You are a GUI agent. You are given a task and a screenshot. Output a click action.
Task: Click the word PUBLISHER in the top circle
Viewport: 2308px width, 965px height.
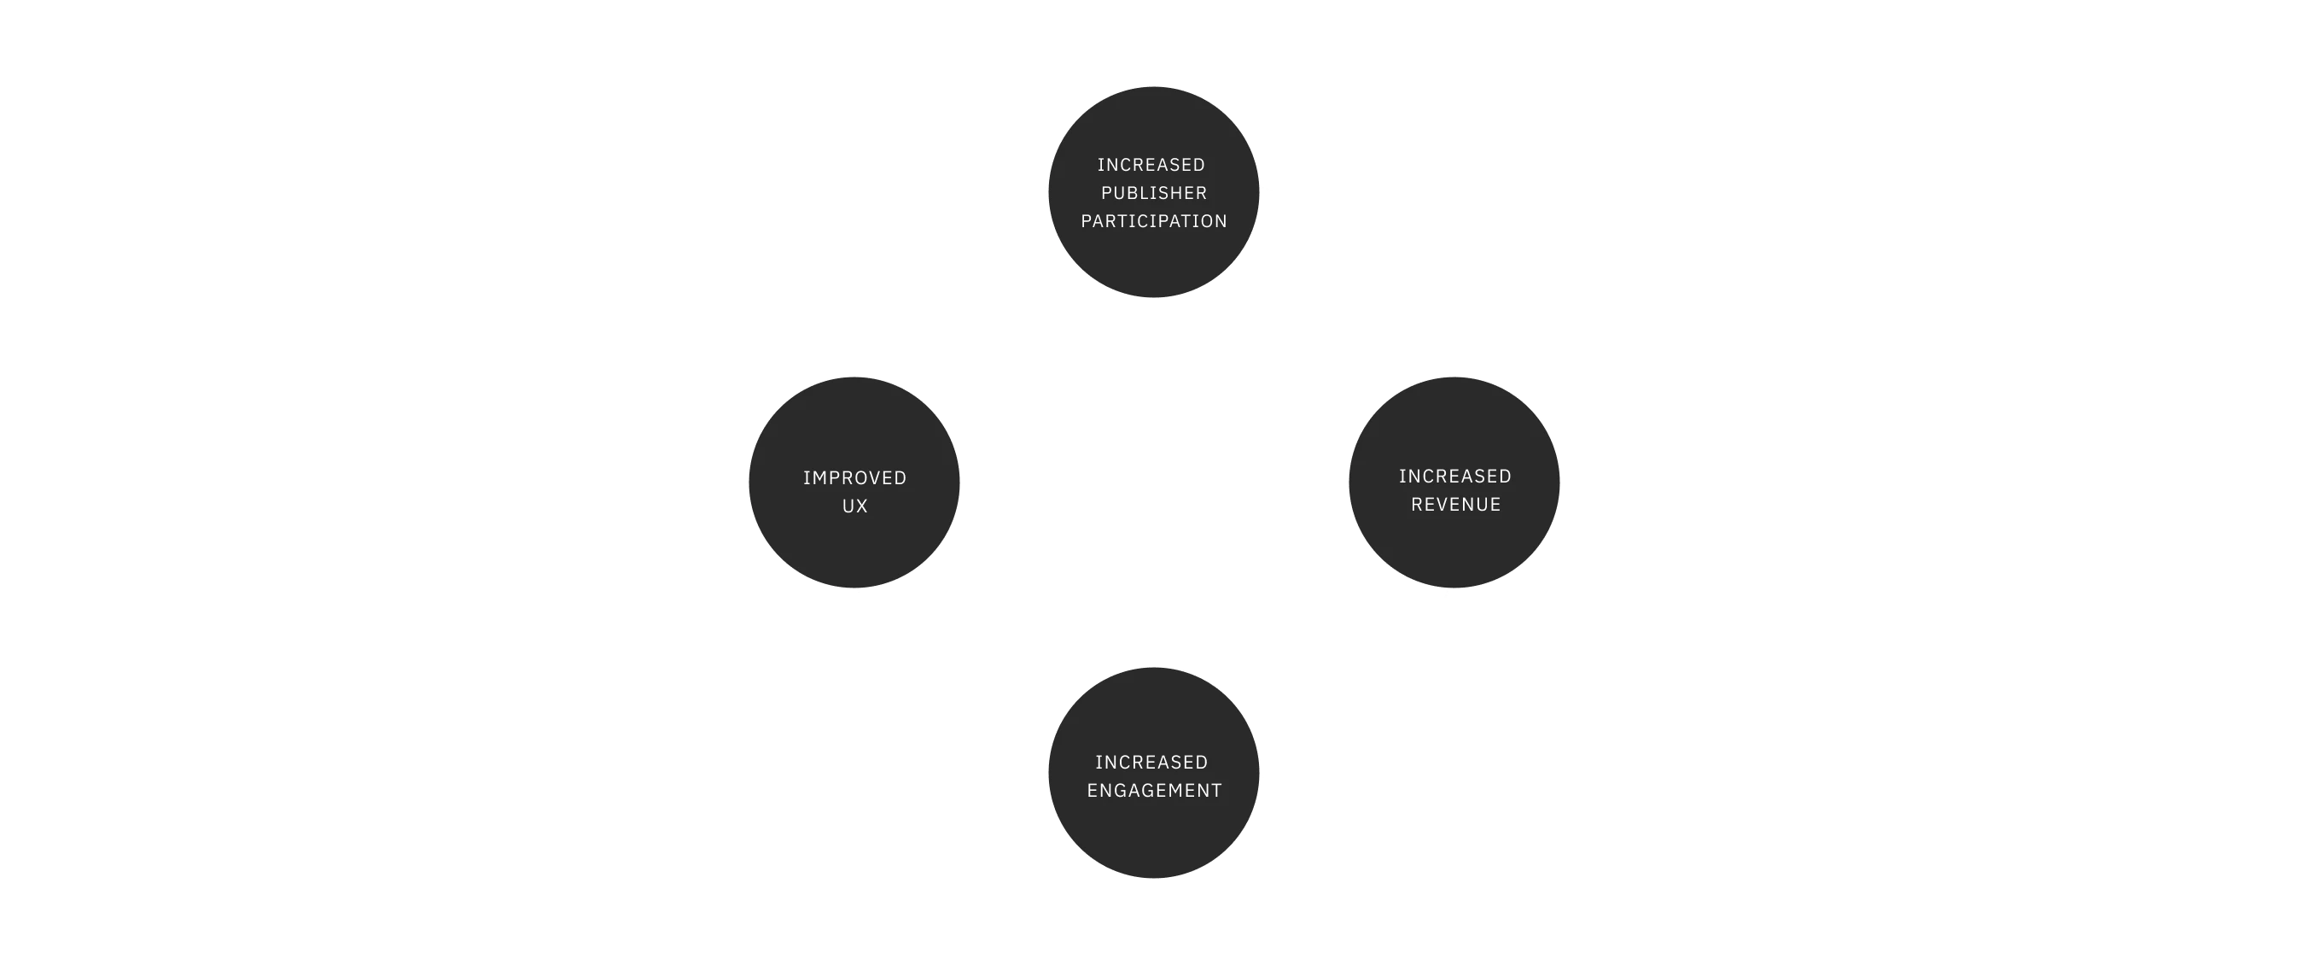(x=1154, y=193)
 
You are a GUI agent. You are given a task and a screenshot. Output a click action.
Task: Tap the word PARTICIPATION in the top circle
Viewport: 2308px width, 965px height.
(x=1154, y=221)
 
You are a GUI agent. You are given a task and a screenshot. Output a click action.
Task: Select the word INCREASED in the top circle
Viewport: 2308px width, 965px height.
(x=1151, y=165)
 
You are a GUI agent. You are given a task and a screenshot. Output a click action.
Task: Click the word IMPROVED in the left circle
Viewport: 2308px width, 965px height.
(x=854, y=477)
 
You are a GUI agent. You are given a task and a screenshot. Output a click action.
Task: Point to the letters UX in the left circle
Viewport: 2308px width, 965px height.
(x=854, y=506)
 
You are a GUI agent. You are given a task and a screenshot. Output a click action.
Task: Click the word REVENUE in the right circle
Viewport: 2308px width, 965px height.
(x=1456, y=505)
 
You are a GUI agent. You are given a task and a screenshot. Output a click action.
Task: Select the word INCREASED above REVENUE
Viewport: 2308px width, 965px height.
(x=1455, y=476)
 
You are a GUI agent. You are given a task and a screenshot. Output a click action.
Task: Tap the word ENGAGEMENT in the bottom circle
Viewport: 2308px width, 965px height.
(x=1154, y=790)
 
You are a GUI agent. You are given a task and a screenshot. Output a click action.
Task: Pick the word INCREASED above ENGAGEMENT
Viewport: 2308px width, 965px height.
(x=1151, y=762)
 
